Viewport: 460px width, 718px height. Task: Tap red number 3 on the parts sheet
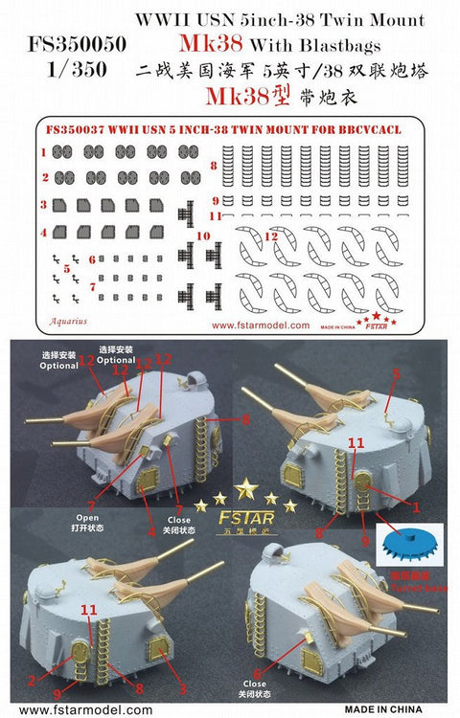[x=43, y=204]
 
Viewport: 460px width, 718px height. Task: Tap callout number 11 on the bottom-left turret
[x=88, y=608]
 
